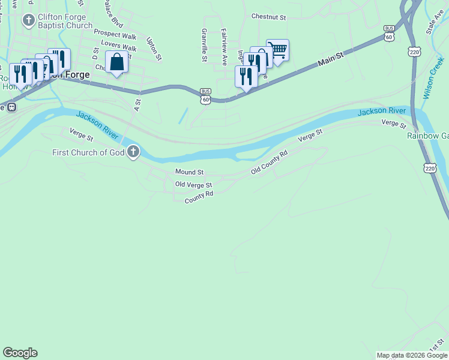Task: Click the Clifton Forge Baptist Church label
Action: click(65, 21)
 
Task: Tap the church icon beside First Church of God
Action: click(133, 152)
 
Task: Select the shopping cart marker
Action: click(278, 50)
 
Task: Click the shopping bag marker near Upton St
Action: click(116, 62)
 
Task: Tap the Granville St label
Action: click(205, 45)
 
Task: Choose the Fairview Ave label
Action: click(224, 47)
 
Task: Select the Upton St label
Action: click(154, 49)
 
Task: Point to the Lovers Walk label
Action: click(118, 46)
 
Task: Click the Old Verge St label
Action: click(193, 185)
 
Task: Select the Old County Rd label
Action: click(270, 163)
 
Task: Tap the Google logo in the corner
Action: click(20, 353)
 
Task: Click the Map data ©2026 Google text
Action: click(412, 355)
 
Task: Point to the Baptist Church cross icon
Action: click(28, 21)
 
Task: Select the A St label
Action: click(137, 106)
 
